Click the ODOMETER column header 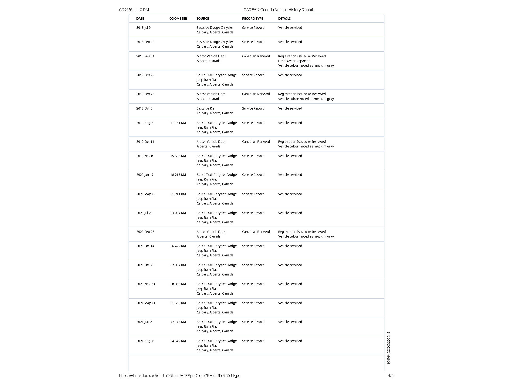pos(178,19)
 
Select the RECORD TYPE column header pos(252,19)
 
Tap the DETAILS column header pos(284,19)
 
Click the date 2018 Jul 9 pos(143,28)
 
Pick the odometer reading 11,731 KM pos(178,123)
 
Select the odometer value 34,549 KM pos(178,341)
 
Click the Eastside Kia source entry pos(205,108)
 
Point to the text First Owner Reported pos(294,61)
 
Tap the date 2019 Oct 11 pos(145,142)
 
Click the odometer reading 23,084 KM pos(178,213)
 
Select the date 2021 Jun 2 pos(144,322)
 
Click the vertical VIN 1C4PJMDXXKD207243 pos(389,348)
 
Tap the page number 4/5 pos(391,376)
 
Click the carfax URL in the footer pos(180,376)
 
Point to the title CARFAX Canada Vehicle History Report pos(278,10)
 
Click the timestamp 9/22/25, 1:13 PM pos(134,10)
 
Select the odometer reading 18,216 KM pos(178,175)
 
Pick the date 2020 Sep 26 pos(145,232)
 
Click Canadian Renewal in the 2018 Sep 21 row pos(256,56)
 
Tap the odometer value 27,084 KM pos(178,265)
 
